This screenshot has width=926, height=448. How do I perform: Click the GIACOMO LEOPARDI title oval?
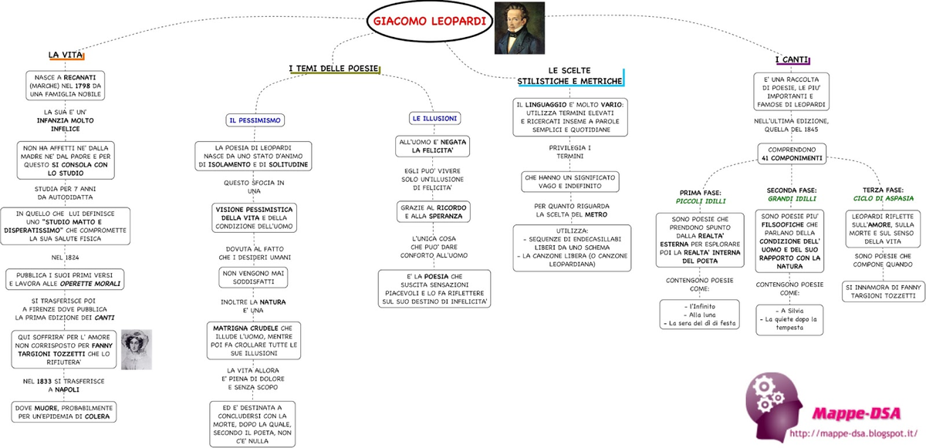click(x=430, y=22)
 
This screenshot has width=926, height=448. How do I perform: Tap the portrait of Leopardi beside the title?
click(x=519, y=28)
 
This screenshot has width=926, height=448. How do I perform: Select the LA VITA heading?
click(x=66, y=55)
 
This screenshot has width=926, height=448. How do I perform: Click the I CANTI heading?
click(x=792, y=60)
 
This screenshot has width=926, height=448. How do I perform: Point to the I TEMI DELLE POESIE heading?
click(x=334, y=69)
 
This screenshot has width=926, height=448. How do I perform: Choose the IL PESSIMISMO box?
click(x=255, y=120)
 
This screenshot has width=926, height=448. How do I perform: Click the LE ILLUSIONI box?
click(x=435, y=119)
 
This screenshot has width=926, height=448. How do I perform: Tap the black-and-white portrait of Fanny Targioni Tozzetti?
click(x=137, y=349)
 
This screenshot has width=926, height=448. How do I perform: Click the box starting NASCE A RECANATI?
click(x=66, y=86)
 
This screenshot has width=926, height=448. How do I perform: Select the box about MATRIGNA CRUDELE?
click(x=254, y=341)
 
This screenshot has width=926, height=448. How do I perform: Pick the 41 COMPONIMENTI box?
click(x=792, y=153)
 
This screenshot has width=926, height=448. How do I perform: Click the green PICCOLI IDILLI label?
click(x=701, y=201)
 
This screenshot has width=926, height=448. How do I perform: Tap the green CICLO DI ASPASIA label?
click(x=884, y=198)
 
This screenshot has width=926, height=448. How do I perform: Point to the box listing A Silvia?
click(x=789, y=320)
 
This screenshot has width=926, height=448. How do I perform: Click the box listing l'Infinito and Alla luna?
click(x=699, y=315)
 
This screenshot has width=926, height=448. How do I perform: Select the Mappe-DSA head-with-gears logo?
click(x=774, y=406)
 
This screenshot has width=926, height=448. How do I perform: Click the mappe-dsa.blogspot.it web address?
click(x=853, y=433)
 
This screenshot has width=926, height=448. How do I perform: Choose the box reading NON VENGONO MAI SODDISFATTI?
click(x=253, y=278)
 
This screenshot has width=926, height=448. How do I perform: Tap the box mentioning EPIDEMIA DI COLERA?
click(x=64, y=412)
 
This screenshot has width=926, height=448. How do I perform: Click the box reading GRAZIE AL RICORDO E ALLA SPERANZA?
click(x=433, y=212)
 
